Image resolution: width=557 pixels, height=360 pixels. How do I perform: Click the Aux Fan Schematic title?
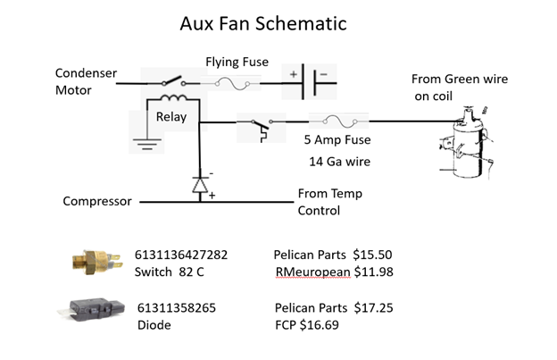coord(263,24)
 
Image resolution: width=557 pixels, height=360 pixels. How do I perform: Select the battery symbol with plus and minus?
coord(308,82)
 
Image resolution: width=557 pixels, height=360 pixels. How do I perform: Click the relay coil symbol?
coord(174,97)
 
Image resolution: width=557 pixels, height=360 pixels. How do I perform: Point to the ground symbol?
coord(147,144)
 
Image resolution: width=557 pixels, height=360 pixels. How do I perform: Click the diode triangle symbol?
coord(200,185)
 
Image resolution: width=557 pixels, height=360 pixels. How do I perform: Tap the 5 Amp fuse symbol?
coord(339,121)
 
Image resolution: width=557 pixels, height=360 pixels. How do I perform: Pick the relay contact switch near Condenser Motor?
coord(174,82)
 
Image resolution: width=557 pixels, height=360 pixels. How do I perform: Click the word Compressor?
coord(97,202)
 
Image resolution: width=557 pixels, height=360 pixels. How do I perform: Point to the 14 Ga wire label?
coord(339,162)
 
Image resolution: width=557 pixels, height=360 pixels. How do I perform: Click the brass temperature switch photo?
coord(97,263)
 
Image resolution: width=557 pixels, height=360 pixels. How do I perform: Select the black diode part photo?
coord(92,309)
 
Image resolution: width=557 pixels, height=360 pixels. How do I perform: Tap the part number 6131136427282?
coord(181,255)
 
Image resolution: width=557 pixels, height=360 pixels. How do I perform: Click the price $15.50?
coord(372,255)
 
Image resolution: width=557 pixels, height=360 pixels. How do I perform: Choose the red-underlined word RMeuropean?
coord(313,272)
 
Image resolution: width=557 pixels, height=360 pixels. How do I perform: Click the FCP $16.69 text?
coord(307,325)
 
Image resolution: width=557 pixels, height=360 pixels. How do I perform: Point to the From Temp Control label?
coord(330,202)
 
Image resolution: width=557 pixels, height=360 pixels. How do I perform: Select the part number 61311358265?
coord(177,308)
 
